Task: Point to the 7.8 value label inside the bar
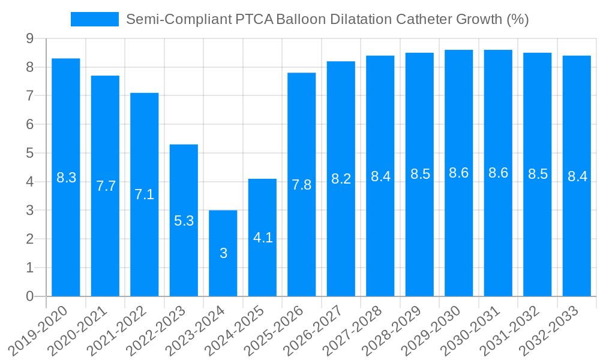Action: coord(302,185)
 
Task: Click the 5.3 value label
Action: coord(184,221)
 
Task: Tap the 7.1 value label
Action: coord(145,194)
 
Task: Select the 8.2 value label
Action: coord(341,178)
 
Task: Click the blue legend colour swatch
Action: coord(95,19)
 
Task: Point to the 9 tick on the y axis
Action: coord(29,38)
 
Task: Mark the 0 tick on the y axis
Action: coord(29,296)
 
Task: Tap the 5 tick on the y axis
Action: coord(29,153)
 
